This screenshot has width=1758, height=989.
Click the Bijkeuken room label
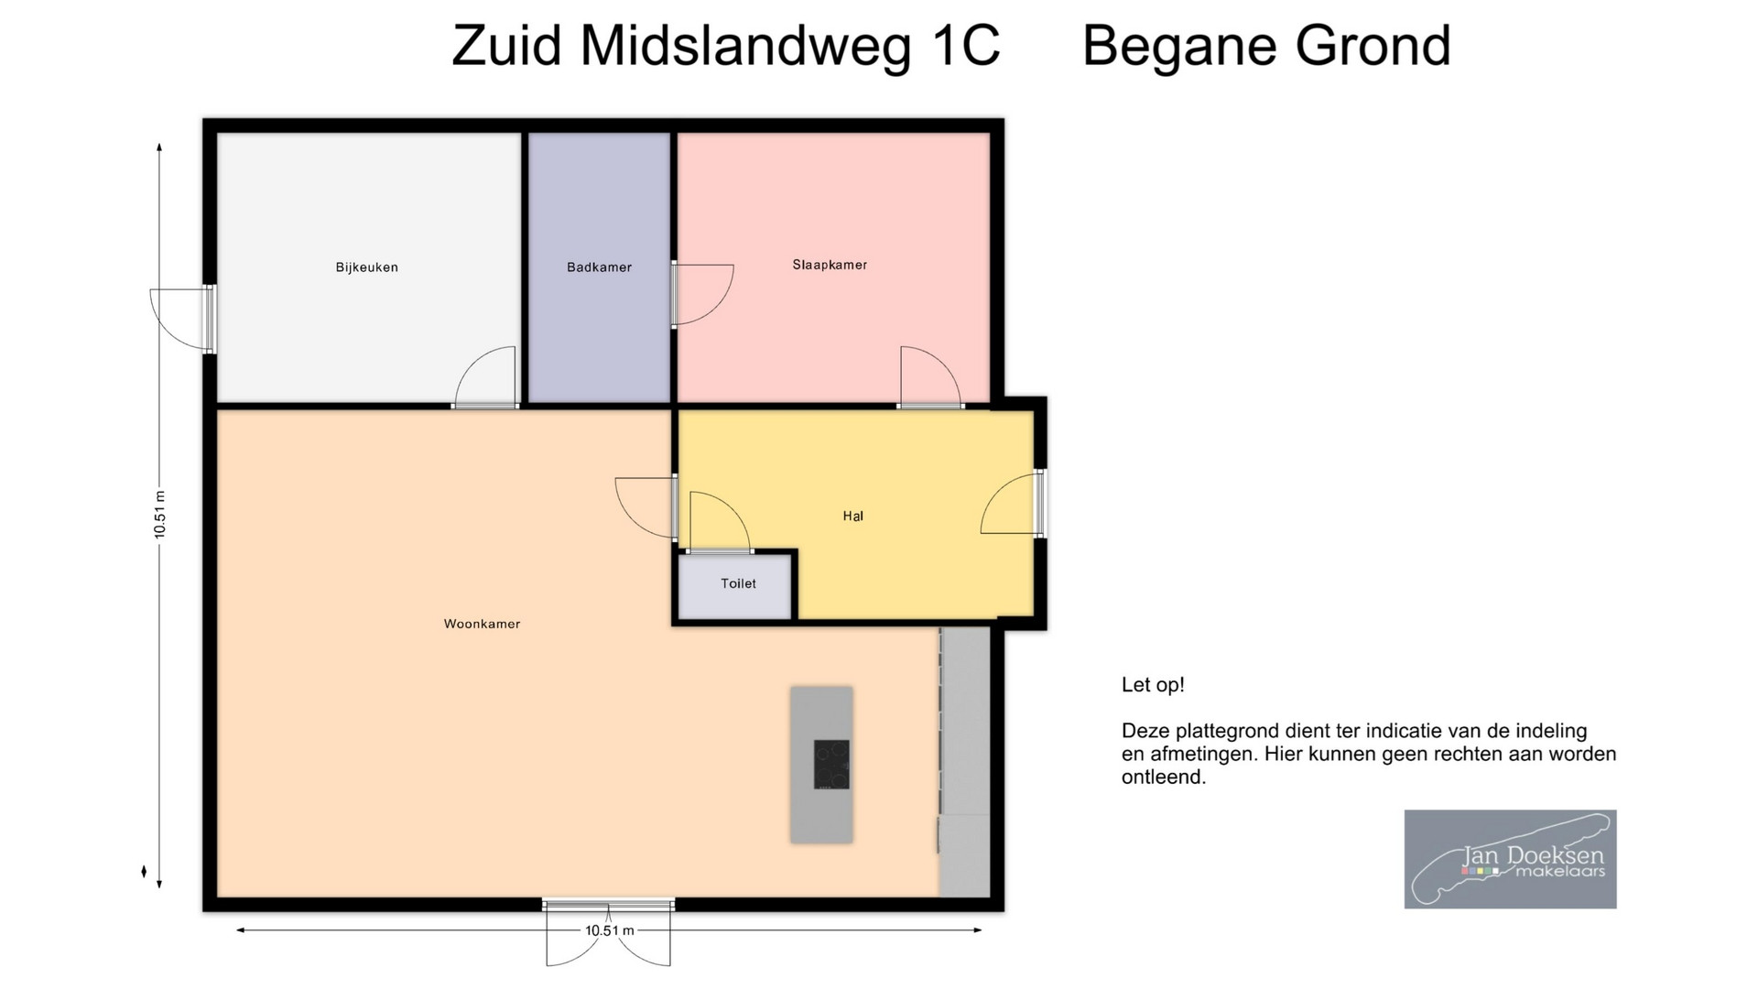tap(366, 267)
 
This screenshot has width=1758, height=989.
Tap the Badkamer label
tap(599, 267)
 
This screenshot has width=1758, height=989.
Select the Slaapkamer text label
tap(830, 265)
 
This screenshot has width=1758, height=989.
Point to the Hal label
tap(852, 516)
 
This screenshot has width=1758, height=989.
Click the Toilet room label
tap(738, 583)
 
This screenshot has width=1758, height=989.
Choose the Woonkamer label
tap(482, 624)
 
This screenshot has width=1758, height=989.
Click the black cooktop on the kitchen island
tap(831, 764)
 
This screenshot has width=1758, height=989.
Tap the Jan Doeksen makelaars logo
tap(1510, 859)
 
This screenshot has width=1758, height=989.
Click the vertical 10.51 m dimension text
tap(159, 515)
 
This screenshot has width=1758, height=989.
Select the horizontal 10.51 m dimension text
tap(610, 930)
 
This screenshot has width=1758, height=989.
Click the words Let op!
tap(1153, 685)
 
